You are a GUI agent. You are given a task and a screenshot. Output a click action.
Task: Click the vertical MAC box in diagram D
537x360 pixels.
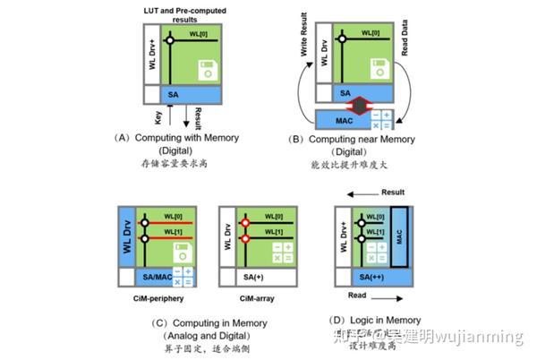point(397,236)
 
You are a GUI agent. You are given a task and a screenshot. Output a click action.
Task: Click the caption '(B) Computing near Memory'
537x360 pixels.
point(358,140)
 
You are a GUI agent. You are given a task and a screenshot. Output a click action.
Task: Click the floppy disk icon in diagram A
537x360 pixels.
point(208,70)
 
